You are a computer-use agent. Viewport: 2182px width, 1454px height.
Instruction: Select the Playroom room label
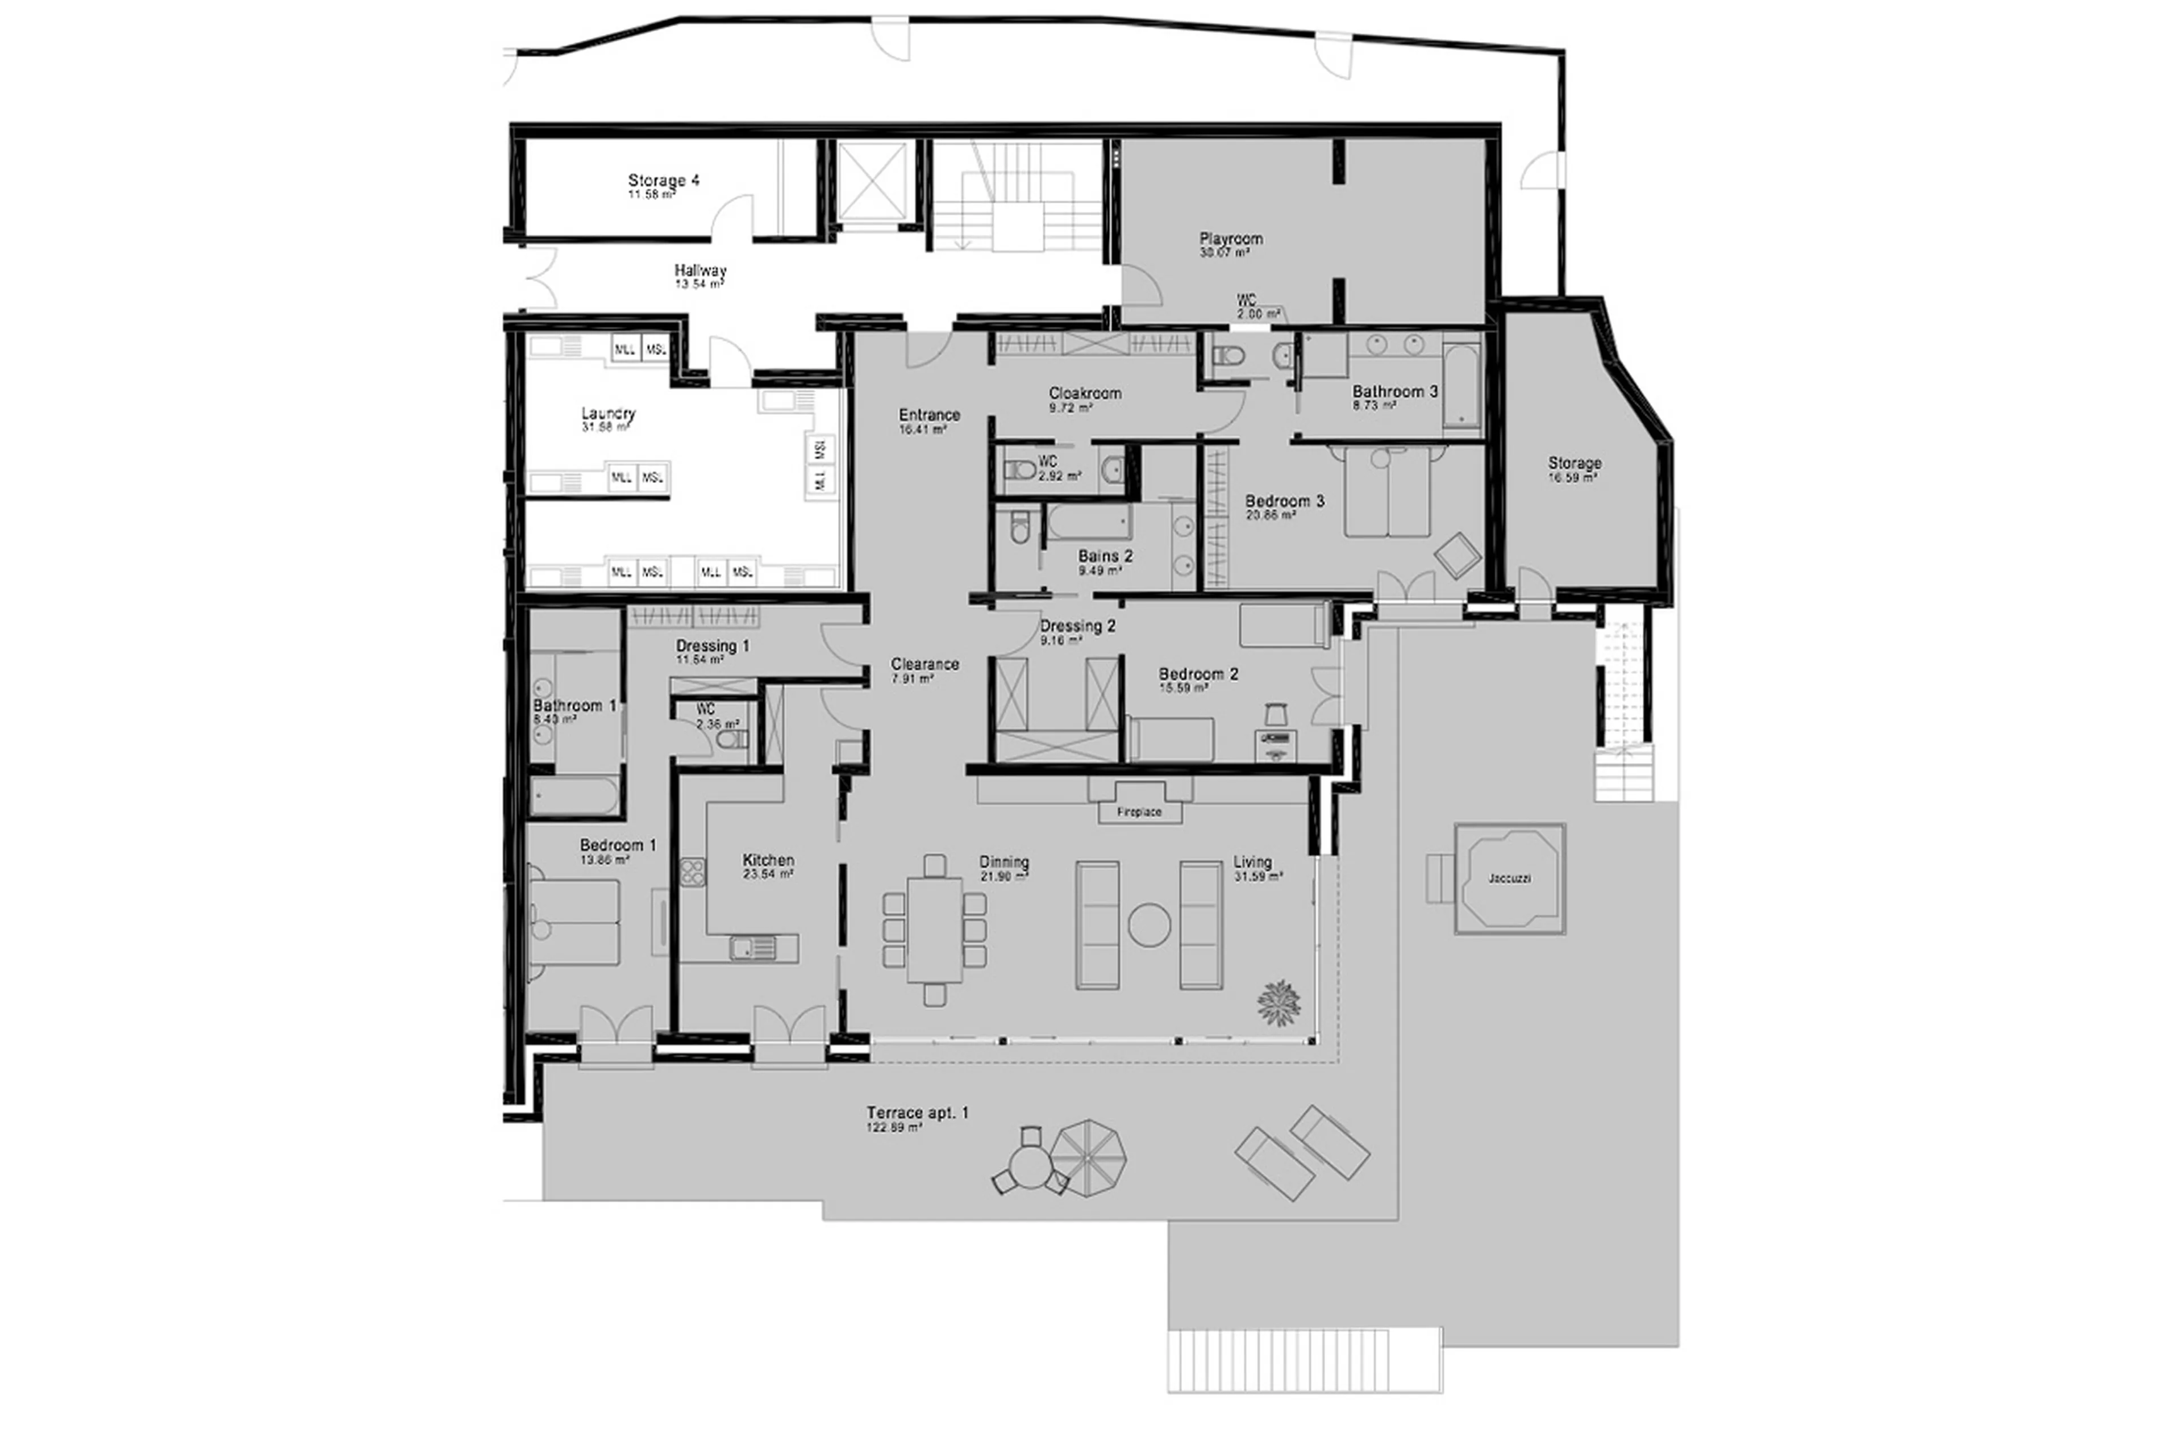pos(1231,239)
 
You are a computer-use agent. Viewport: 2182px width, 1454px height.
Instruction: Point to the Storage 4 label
pos(663,181)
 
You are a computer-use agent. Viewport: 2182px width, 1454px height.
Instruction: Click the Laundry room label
pos(609,414)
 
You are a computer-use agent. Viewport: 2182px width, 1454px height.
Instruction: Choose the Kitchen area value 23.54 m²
pos(768,873)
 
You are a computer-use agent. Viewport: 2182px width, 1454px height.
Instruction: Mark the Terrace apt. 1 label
pos(917,1113)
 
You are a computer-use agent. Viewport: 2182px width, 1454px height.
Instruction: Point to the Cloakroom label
pos(1085,393)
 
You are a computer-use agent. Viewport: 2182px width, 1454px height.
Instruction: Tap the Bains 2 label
pos(1105,556)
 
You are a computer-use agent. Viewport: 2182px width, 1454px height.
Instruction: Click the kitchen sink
pos(753,947)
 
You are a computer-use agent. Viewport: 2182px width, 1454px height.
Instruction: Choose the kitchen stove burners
pos(692,872)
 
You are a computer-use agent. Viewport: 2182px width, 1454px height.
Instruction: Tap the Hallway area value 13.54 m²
pos(699,285)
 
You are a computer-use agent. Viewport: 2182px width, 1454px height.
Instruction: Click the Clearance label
pos(925,664)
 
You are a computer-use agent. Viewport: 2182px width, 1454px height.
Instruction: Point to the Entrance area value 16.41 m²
pos(922,430)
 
